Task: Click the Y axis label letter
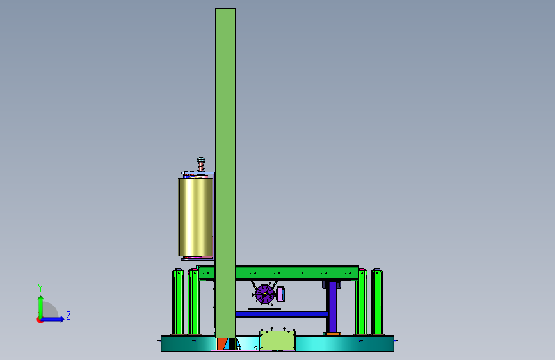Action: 40,288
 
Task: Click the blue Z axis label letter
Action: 68,315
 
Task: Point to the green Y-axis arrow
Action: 41,307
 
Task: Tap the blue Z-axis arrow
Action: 53,319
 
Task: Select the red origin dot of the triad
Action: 40,320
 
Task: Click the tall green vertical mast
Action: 225,173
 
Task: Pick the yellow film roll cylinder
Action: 196,217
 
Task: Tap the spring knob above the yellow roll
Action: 201,164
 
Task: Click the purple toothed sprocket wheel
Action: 265,294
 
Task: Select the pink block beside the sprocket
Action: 280,294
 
